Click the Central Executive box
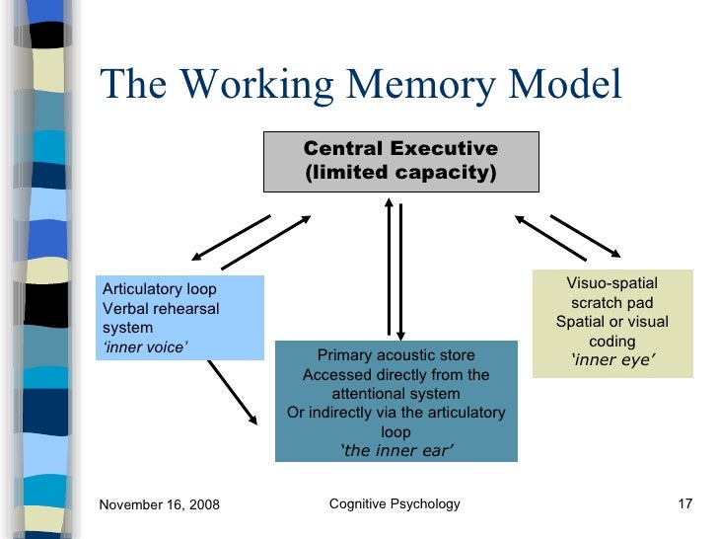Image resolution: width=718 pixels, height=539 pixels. tap(400, 161)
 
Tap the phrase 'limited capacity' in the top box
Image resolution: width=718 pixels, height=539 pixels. tap(400, 174)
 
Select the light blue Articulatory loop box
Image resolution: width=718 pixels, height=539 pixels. tap(180, 317)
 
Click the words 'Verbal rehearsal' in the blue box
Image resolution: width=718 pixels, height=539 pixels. tap(161, 308)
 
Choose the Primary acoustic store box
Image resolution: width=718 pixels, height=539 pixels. tap(395, 401)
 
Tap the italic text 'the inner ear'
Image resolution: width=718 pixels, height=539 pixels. tap(396, 451)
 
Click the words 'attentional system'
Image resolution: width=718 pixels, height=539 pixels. tap(395, 393)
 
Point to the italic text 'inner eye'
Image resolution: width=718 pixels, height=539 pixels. tap(612, 360)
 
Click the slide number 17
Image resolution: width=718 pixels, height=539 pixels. tap(686, 505)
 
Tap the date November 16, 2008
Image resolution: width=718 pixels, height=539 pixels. tap(160, 505)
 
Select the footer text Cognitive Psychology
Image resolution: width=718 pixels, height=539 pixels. tap(395, 504)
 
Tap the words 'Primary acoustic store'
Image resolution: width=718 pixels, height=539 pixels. tap(395, 355)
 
